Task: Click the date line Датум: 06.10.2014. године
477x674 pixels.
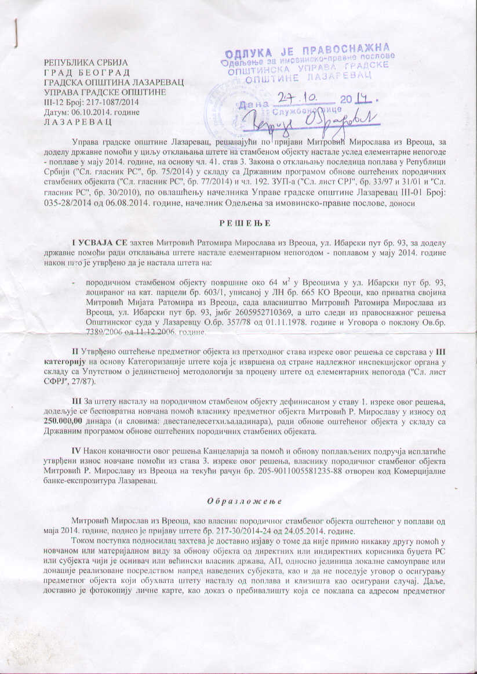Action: [x=92, y=112]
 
